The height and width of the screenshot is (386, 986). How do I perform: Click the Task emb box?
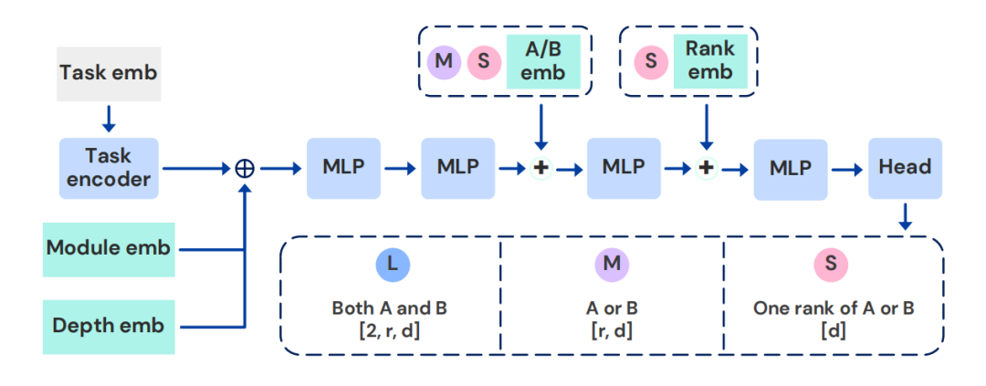[110, 73]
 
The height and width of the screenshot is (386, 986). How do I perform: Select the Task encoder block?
[109, 168]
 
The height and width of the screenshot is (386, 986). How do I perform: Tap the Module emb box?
[108, 248]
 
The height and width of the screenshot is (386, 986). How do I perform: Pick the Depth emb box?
[108, 326]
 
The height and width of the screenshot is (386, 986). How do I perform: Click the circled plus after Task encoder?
[245, 169]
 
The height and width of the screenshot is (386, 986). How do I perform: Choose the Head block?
[905, 168]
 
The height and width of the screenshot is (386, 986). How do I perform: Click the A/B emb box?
[544, 61]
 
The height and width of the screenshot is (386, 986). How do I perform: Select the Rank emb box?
[704, 61]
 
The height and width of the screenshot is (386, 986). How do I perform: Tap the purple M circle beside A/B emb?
[442, 62]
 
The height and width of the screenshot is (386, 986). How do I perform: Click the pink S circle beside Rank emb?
[649, 62]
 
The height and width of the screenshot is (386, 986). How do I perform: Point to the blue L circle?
[392, 265]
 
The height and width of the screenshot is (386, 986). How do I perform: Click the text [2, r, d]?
[391, 329]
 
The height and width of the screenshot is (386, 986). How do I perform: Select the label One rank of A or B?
[831, 308]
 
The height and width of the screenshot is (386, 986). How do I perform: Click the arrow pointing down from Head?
[905, 217]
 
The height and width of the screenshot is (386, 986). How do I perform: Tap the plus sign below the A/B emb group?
[541, 169]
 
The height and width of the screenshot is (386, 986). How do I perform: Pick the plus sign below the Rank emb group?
[705, 169]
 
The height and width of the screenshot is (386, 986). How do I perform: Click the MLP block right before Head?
[790, 168]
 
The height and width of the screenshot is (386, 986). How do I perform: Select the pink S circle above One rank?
[831, 265]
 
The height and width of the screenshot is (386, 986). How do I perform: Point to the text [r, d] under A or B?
[611, 329]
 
